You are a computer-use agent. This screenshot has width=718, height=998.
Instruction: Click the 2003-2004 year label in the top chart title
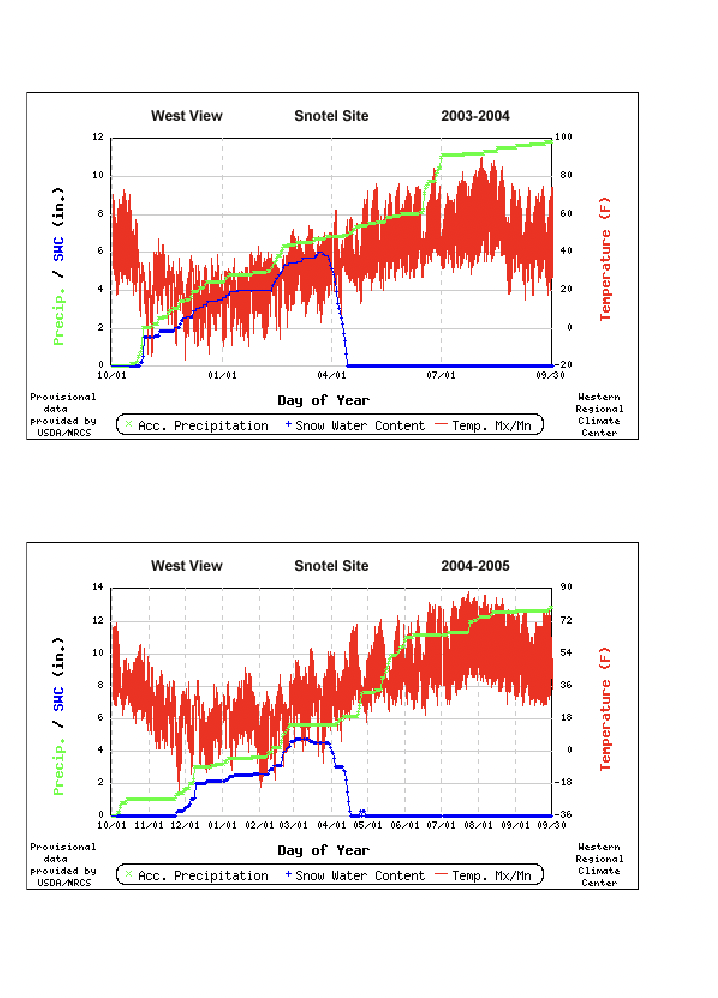coord(475,116)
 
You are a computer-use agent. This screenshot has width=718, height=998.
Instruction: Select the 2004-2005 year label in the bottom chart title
coord(475,566)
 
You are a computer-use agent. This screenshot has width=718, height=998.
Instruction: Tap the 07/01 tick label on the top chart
coord(441,376)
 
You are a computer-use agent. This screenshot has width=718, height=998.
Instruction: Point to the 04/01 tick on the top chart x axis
coord(332,376)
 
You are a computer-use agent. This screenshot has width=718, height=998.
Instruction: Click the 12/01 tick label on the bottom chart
coord(185,826)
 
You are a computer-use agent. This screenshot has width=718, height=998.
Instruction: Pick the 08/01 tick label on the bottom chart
coord(478,826)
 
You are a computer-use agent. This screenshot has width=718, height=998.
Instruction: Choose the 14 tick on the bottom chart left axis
coord(98,587)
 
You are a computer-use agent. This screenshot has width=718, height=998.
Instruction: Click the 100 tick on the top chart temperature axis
coord(563,137)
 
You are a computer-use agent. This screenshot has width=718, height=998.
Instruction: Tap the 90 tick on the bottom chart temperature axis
coord(565,587)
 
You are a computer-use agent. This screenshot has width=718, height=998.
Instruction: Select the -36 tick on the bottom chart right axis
coord(565,815)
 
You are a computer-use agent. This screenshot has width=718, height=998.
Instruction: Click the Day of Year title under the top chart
coord(323,400)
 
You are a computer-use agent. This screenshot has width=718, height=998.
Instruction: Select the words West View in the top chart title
coord(187,116)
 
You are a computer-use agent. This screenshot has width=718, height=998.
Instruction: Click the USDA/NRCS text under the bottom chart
coord(63,882)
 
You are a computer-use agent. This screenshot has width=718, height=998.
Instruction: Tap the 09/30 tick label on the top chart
coord(549,376)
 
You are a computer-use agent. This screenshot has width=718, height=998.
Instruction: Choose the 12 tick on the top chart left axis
coord(98,137)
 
